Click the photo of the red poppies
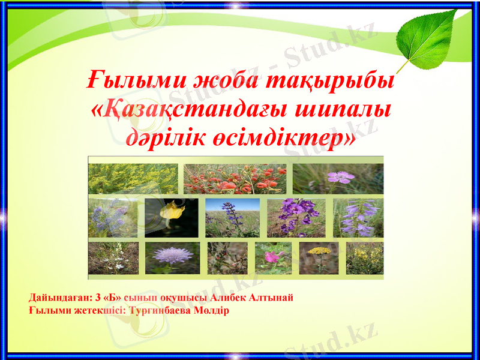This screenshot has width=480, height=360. (x=235, y=178)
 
